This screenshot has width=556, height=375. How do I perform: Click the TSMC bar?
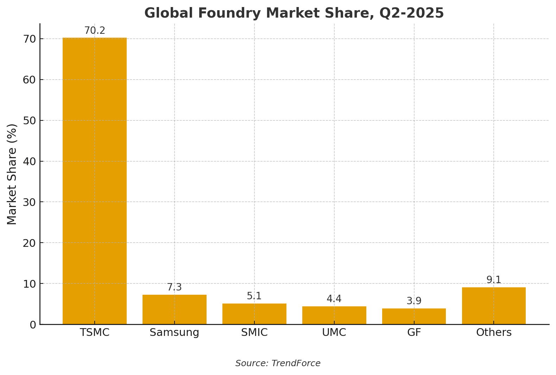pyautogui.click(x=94, y=181)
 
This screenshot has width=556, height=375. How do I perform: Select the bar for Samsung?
pyautogui.click(x=174, y=310)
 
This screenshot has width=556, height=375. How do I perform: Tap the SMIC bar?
pyautogui.click(x=254, y=314)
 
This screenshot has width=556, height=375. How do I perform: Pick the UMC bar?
pyautogui.click(x=334, y=315)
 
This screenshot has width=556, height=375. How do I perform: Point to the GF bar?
pyautogui.click(x=414, y=316)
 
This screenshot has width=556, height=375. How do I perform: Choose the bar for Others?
pyautogui.click(x=494, y=306)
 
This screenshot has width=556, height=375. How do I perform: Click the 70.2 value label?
pyautogui.click(x=94, y=31)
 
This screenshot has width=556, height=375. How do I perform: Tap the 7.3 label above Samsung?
pyautogui.click(x=174, y=287)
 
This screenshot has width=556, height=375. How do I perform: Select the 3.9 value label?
pyautogui.click(x=414, y=301)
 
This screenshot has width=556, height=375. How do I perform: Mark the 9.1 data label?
pyautogui.click(x=494, y=280)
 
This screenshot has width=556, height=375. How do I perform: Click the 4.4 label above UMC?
pyautogui.click(x=334, y=299)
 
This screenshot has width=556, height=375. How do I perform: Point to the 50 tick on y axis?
pyautogui.click(x=29, y=121)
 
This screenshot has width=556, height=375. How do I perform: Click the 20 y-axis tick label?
pyautogui.click(x=29, y=243)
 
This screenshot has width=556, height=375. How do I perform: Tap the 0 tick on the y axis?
pyautogui.click(x=33, y=325)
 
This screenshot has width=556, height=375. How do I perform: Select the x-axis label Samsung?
pyautogui.click(x=174, y=333)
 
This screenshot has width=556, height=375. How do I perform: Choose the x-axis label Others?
pyautogui.click(x=494, y=332)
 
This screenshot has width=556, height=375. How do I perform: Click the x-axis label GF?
pyautogui.click(x=414, y=332)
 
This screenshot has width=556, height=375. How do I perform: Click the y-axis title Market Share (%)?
pyautogui.click(x=12, y=174)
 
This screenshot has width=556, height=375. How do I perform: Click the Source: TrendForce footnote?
pyautogui.click(x=278, y=363)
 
